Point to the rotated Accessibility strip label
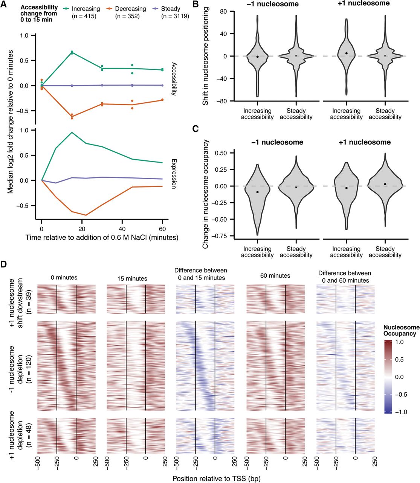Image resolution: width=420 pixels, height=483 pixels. (x=174, y=79)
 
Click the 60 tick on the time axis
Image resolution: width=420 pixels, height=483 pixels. (x=162, y=229)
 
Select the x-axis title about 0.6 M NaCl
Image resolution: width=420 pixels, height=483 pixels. (x=102, y=238)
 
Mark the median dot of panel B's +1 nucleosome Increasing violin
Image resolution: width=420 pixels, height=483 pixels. (x=346, y=53)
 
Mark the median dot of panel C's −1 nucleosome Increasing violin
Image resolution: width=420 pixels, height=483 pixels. (x=257, y=192)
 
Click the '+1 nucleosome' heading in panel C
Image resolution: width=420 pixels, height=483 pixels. (x=365, y=142)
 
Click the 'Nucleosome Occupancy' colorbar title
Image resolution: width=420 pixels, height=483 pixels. (x=400, y=331)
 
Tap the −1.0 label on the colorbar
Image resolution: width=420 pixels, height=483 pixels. (x=400, y=412)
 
